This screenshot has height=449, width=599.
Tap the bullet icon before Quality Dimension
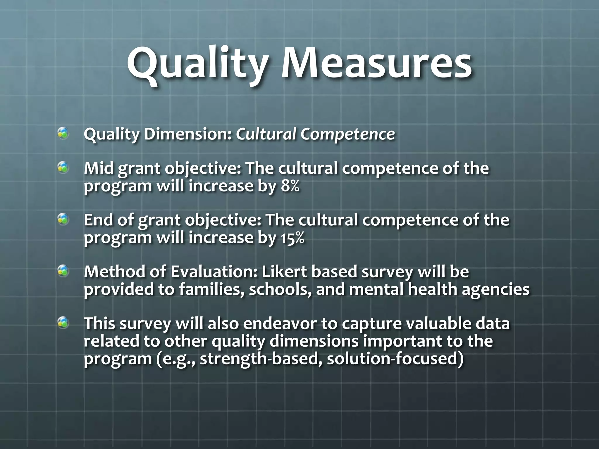tap(63, 134)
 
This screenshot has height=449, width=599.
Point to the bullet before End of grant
tap(63, 220)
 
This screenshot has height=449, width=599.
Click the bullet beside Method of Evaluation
tap(63, 271)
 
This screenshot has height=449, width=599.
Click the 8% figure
tap(290, 186)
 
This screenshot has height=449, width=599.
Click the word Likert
tap(283, 272)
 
